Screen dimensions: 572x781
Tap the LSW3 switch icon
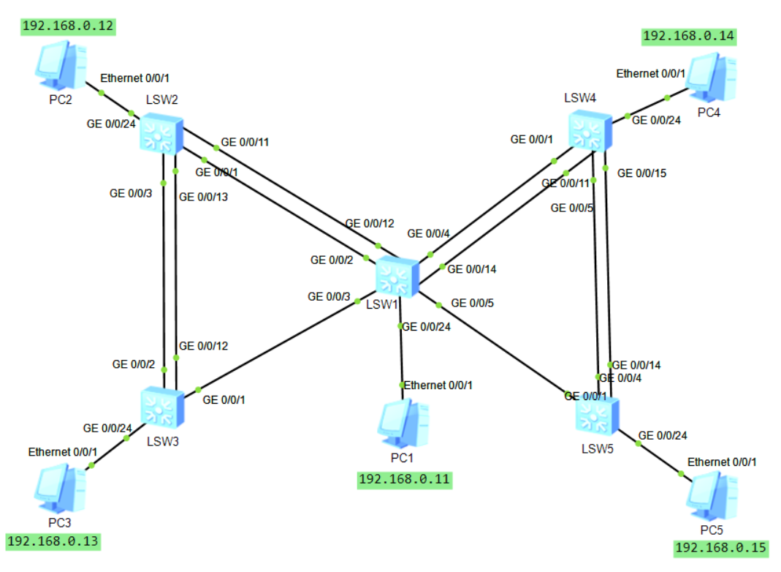tap(161, 408)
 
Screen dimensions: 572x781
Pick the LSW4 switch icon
tap(589, 129)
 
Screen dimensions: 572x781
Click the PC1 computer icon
tap(400, 424)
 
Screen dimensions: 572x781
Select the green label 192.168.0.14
tap(689, 36)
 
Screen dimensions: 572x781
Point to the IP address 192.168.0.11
tap(404, 480)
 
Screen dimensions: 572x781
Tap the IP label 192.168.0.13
tap(53, 541)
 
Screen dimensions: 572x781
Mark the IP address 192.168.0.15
tap(720, 548)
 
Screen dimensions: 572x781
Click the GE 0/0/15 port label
tap(641, 173)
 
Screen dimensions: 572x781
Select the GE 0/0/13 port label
tap(203, 197)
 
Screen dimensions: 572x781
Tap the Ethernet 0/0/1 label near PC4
tap(650, 73)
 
